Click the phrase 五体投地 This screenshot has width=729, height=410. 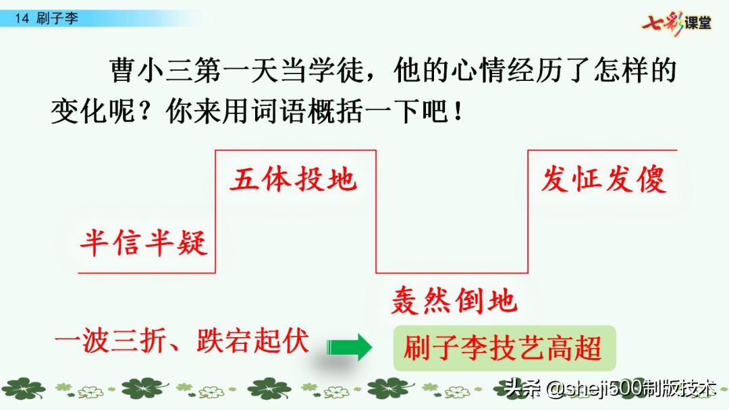pos(293,180)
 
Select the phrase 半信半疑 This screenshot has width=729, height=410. pos(143,242)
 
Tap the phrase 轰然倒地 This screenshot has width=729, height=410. pos(454,301)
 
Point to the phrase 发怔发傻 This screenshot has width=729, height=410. pos(603,180)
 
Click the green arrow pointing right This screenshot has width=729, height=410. pos(350,348)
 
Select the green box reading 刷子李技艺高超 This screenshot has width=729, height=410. pos(504,349)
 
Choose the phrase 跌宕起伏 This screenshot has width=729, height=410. pos(252,342)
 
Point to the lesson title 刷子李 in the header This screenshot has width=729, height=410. pos(57,19)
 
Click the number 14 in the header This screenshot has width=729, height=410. pos(22,19)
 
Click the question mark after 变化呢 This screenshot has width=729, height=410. pos(147,111)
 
